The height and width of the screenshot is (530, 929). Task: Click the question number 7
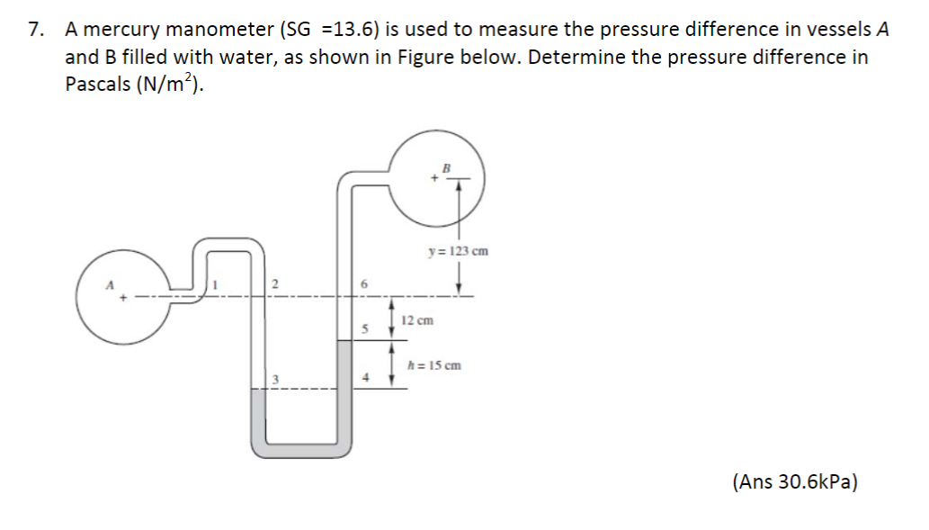click(x=35, y=30)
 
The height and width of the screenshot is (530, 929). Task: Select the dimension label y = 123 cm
click(x=459, y=251)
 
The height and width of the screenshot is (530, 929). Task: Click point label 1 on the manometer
click(x=216, y=284)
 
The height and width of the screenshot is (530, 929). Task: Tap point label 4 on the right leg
click(x=364, y=378)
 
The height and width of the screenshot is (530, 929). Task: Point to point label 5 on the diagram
click(x=364, y=329)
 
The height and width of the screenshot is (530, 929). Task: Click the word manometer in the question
click(x=222, y=30)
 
